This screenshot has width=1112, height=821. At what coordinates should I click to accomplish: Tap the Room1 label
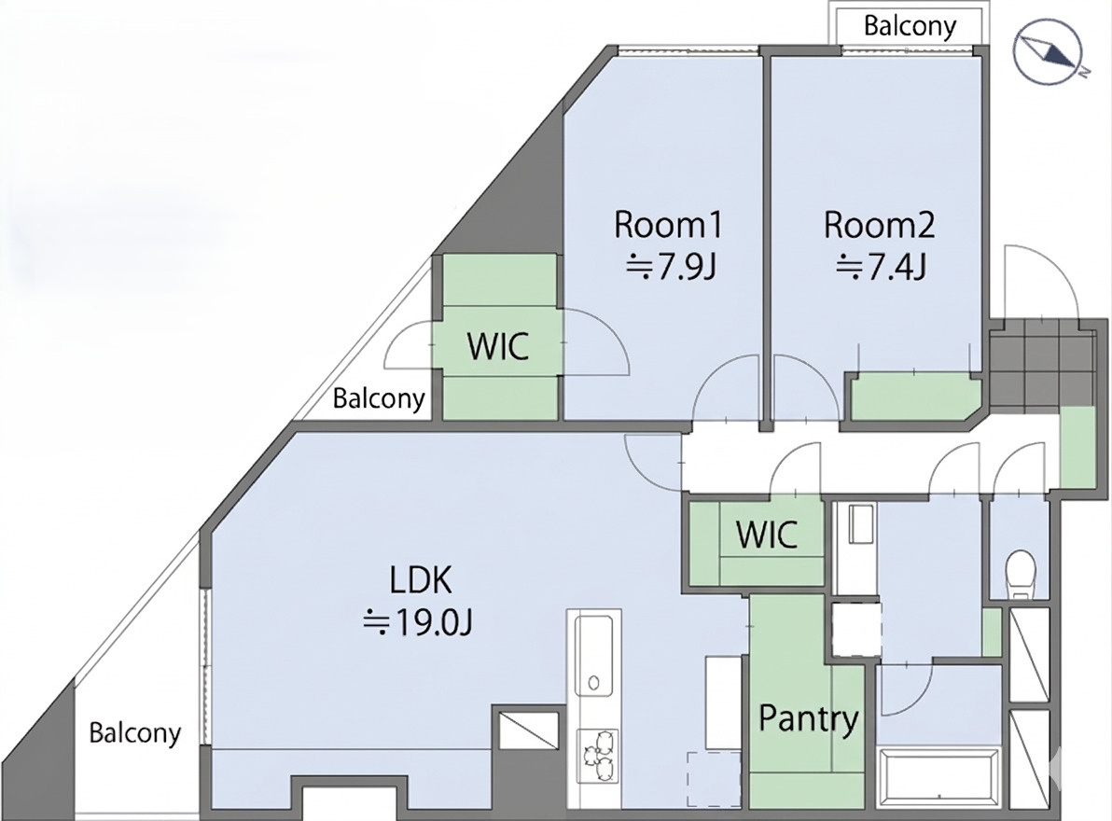(667, 225)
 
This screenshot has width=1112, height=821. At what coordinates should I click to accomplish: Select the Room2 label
(880, 225)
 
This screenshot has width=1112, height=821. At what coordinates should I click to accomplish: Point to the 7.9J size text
(670, 268)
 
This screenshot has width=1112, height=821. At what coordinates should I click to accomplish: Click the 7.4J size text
(881, 268)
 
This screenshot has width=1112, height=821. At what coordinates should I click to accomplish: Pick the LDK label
(420, 580)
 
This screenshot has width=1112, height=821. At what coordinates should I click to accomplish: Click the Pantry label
(809, 719)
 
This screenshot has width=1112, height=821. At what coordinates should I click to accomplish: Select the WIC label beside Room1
(498, 346)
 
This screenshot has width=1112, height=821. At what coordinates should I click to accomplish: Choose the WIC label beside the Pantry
(767, 534)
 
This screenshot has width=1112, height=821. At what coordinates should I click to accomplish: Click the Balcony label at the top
(910, 27)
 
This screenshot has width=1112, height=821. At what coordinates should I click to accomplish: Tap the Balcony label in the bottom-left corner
(134, 732)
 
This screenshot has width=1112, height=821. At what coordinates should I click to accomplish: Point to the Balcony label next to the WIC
(379, 398)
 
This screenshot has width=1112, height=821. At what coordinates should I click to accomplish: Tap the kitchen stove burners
(597, 756)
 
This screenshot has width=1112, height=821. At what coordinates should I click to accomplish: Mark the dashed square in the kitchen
(715, 778)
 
